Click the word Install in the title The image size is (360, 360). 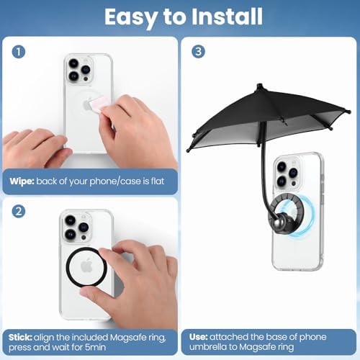[227, 17]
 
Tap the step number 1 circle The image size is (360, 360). [19, 52]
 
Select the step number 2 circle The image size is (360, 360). [19, 212]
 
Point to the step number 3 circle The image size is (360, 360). [198, 52]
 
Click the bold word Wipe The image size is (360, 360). [22, 181]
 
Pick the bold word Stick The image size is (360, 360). [20, 338]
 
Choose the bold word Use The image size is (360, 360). [198, 337]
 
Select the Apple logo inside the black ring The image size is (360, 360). [86, 266]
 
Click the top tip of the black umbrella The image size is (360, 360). [259, 85]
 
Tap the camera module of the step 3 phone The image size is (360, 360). [287, 173]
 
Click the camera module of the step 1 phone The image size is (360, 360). [78, 69]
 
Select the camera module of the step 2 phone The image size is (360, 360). [76, 227]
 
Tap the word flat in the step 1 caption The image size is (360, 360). [158, 181]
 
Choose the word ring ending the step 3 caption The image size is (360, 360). [285, 348]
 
